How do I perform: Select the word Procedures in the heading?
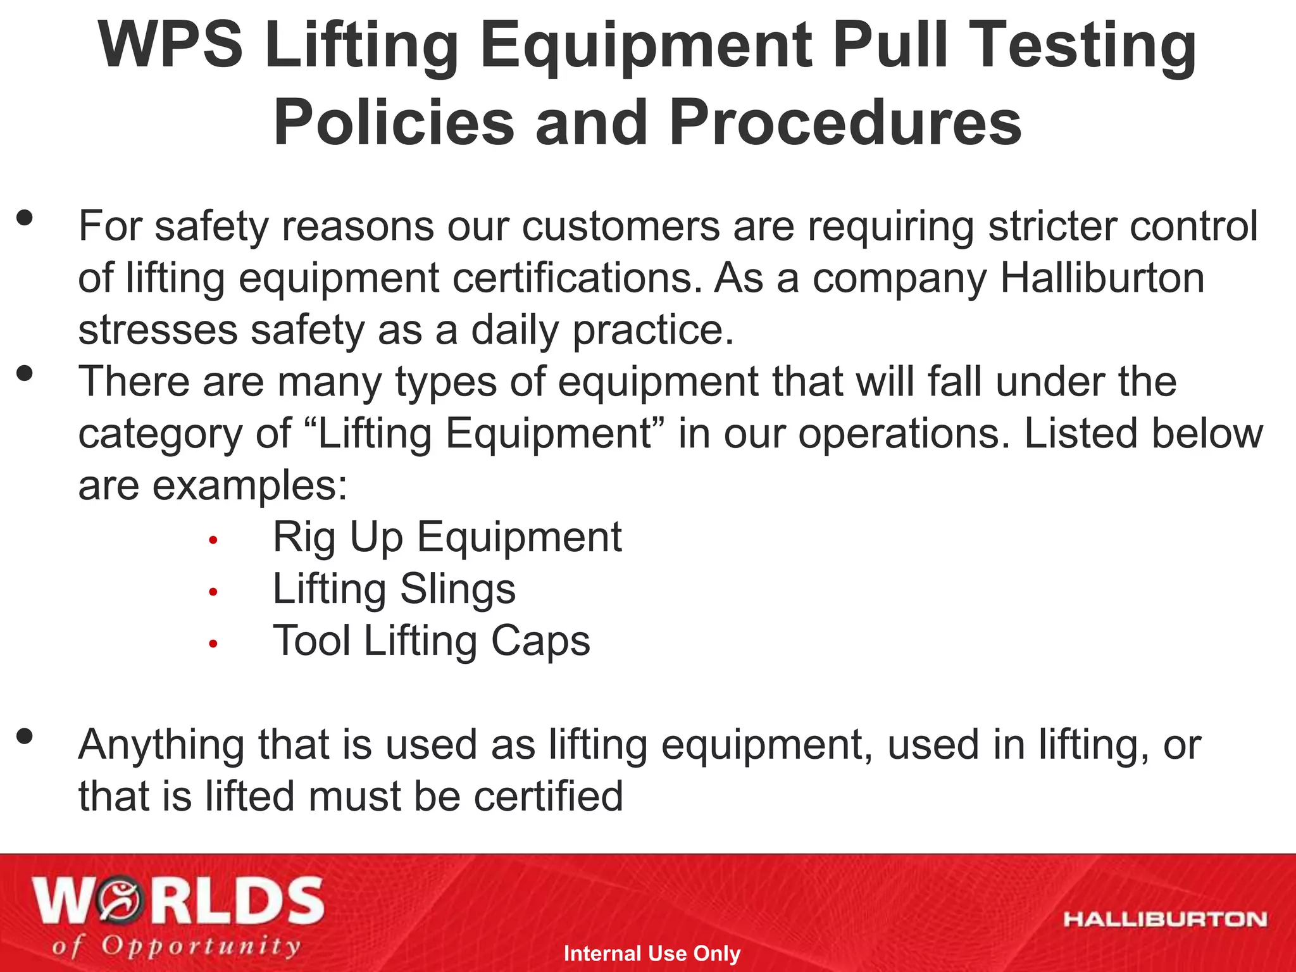tap(845, 122)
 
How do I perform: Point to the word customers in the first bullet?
tap(621, 227)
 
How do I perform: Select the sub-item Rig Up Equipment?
tap(447, 537)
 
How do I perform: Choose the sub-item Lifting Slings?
tap(394, 589)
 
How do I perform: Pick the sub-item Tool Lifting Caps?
tap(431, 641)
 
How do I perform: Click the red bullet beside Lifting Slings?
tap(213, 592)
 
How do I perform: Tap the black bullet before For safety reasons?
tap(25, 219)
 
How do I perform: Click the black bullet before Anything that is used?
tap(25, 737)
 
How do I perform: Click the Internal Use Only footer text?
tap(651, 953)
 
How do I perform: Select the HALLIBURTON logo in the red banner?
tap(1165, 919)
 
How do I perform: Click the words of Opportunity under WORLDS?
tap(176, 946)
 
